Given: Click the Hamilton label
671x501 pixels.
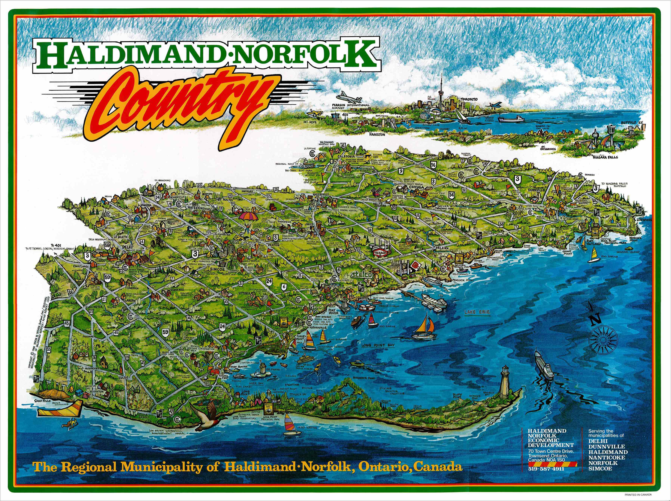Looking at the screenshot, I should coord(377,134).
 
